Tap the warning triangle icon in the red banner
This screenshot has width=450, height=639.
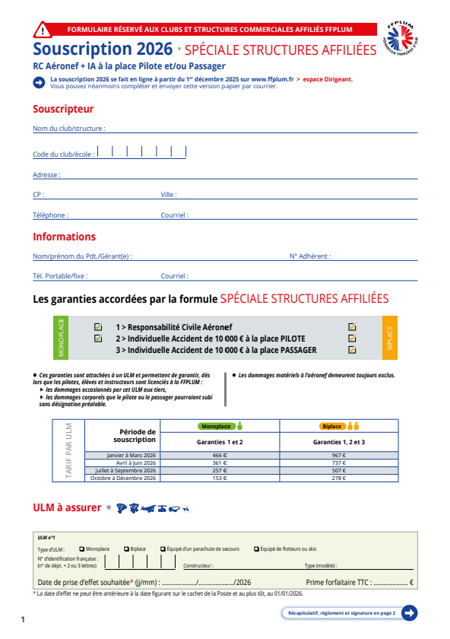coord(45,30)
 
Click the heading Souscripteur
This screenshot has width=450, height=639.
coord(63,109)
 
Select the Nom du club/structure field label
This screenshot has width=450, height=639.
coord(68,129)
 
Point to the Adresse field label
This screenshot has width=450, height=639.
coord(46,175)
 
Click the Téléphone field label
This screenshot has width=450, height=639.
coord(50,215)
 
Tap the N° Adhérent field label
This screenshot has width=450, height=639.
coord(309,256)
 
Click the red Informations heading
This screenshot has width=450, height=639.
coord(64,237)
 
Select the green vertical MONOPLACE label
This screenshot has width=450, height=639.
coord(62,338)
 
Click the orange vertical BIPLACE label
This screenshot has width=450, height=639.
coord(389,338)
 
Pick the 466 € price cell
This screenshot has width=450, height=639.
coord(220,455)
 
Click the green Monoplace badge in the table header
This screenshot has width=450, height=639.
coord(217,426)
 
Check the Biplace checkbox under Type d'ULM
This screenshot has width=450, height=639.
coord(126,548)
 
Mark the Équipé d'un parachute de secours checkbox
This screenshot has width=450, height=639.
coord(163,548)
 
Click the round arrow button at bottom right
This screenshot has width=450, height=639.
coord(410,612)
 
